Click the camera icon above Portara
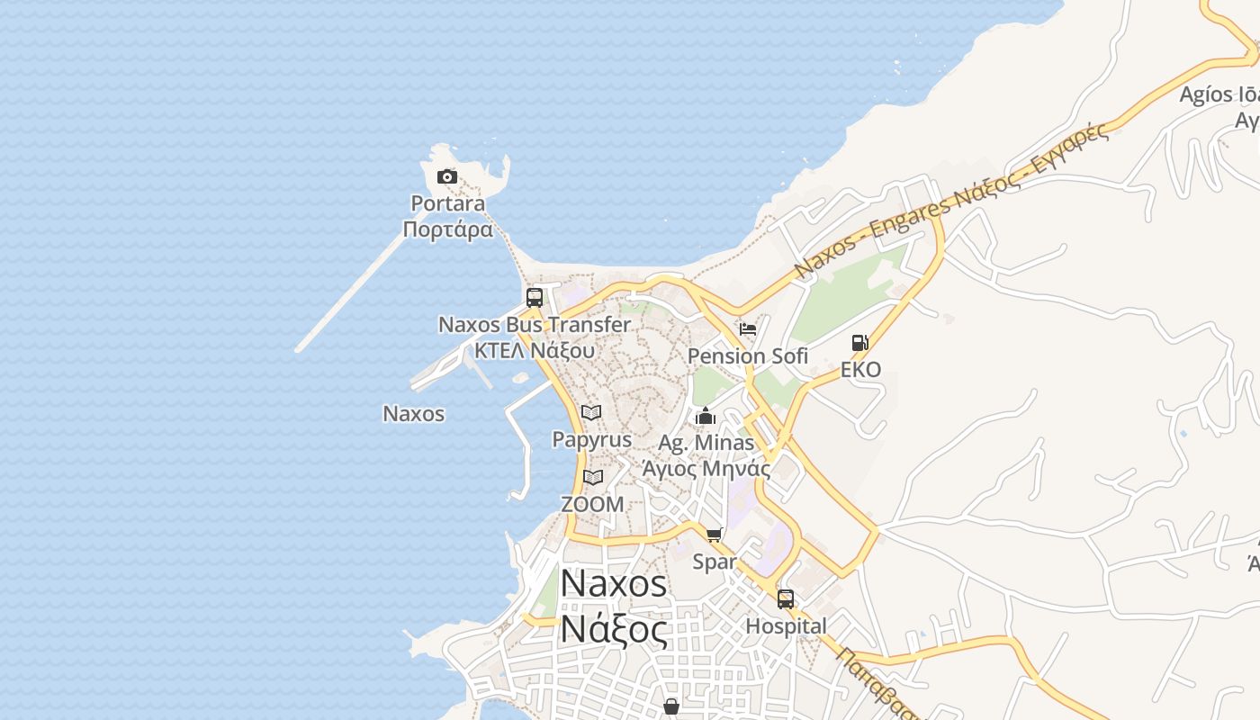[446, 176]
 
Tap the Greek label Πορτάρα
[448, 229]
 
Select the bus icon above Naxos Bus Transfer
[535, 298]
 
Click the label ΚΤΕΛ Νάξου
[535, 350]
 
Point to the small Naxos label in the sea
[414, 414]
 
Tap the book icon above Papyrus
[591, 412]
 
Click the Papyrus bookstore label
[591, 440]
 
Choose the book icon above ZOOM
[592, 477]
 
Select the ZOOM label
[592, 504]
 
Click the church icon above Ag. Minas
[706, 416]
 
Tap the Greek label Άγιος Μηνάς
[706, 468]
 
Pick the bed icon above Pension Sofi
[747, 328]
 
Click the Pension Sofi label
[747, 356]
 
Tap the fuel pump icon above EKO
[859, 343]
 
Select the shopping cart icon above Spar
[715, 535]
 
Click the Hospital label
[786, 626]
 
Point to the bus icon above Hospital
[786, 599]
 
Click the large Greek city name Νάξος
[614, 629]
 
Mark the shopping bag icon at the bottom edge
[670, 707]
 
